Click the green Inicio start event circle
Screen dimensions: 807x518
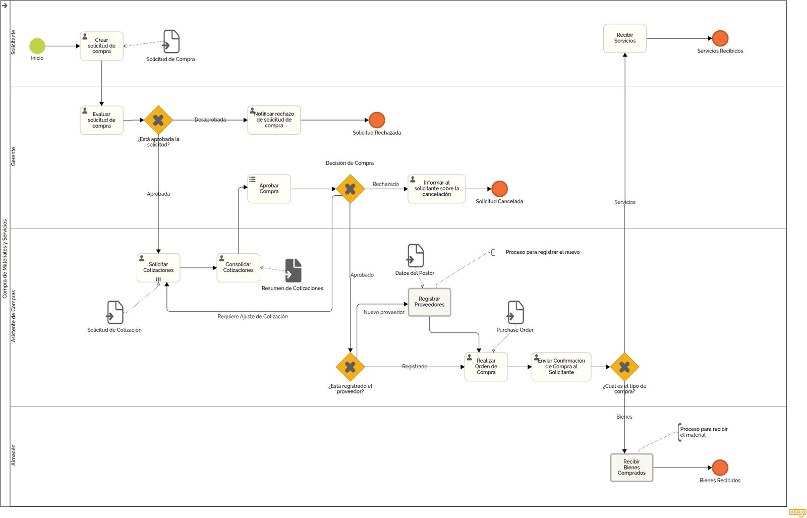pos(37,46)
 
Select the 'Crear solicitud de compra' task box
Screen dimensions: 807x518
pos(101,46)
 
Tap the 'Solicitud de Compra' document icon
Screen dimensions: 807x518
pos(171,41)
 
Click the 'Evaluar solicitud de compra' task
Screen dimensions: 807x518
pos(101,120)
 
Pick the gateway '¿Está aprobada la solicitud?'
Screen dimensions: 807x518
pos(158,120)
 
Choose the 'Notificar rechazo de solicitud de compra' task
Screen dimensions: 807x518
pos(274,120)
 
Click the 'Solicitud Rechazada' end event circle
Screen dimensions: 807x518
pos(377,120)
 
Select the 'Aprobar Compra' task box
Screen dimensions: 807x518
pos(269,189)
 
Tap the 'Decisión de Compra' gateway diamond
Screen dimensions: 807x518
pos(350,189)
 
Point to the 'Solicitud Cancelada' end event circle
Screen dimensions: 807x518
pos(500,189)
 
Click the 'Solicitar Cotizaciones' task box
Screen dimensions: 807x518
pos(158,268)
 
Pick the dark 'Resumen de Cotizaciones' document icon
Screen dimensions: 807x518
pos(293,270)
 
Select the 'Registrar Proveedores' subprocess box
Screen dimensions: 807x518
pos(429,302)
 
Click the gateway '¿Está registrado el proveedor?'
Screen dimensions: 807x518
pos(350,367)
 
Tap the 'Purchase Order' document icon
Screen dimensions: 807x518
pos(515,313)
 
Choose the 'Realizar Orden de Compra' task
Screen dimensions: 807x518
pos(486,367)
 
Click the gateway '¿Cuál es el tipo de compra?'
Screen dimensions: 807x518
pos(625,367)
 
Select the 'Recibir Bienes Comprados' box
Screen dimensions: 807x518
pos(631,468)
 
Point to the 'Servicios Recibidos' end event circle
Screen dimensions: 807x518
pos(720,38)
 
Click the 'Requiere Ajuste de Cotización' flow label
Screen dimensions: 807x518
pos(253,317)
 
